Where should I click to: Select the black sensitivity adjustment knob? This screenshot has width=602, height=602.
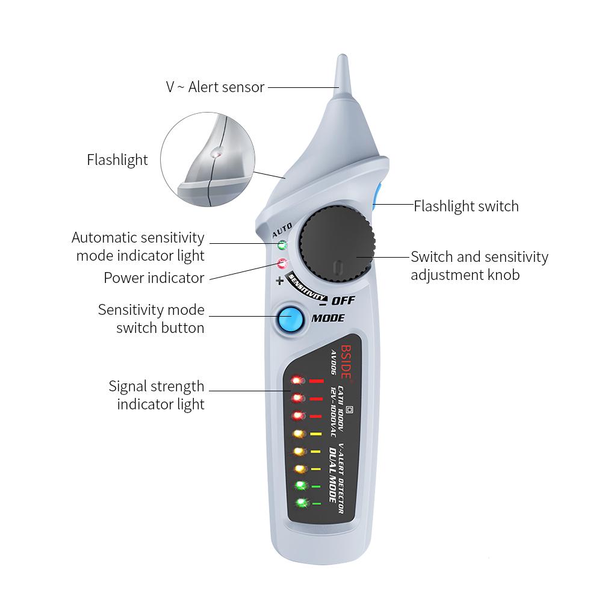pyautogui.click(x=337, y=244)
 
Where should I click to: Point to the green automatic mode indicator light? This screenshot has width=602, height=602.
pyautogui.click(x=281, y=246)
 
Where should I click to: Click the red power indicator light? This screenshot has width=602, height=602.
pyautogui.click(x=281, y=263)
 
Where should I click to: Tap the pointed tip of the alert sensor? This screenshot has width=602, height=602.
pyautogui.click(x=341, y=60)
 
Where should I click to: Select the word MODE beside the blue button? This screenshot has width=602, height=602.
pyautogui.click(x=328, y=318)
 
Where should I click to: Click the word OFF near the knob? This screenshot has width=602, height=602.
pyautogui.click(x=343, y=300)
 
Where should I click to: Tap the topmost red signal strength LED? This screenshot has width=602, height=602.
pyautogui.click(x=297, y=380)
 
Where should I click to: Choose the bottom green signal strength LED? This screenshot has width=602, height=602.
pyautogui.click(x=299, y=503)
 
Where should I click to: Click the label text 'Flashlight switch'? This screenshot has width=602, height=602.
pyautogui.click(x=466, y=206)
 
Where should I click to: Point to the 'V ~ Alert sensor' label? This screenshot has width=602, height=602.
pyautogui.click(x=215, y=87)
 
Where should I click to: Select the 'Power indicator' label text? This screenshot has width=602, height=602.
pyautogui.click(x=154, y=278)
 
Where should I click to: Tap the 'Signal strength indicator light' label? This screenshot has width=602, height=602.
pyautogui.click(x=157, y=395)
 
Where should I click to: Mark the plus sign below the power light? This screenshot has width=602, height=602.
pyautogui.click(x=279, y=281)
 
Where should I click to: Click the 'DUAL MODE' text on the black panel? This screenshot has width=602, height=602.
pyautogui.click(x=332, y=476)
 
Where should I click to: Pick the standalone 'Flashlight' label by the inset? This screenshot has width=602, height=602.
pyautogui.click(x=117, y=160)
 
